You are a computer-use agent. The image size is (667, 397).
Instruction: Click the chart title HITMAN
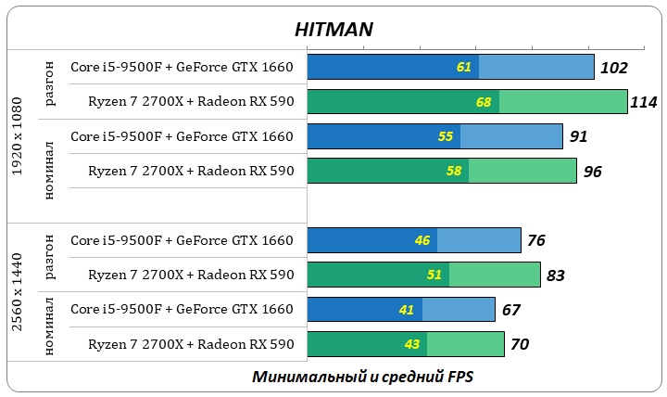[x=333, y=29]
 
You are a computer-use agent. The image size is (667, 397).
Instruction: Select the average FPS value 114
[x=643, y=102]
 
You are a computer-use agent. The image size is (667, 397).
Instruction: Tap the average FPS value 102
[x=613, y=68]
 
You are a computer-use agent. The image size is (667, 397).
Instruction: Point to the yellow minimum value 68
[x=484, y=102]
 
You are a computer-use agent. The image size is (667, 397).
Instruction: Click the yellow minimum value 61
[x=464, y=68]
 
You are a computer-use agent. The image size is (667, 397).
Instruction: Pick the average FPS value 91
[x=578, y=136]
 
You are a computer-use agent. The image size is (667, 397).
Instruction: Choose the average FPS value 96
[x=592, y=172]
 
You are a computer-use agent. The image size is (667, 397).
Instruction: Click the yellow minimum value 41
[x=407, y=310]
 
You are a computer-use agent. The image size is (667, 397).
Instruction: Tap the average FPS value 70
[x=520, y=345]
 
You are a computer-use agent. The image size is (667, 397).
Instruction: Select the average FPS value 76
[x=535, y=241]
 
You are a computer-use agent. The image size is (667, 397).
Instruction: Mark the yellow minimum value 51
[x=434, y=275]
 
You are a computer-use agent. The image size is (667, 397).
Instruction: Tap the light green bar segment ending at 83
[x=495, y=275]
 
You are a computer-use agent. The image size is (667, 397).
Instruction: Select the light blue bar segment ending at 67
[x=459, y=310]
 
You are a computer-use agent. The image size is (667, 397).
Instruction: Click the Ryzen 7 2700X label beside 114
[x=191, y=102]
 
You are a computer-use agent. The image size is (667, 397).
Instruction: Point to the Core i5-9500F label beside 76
[x=182, y=241]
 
